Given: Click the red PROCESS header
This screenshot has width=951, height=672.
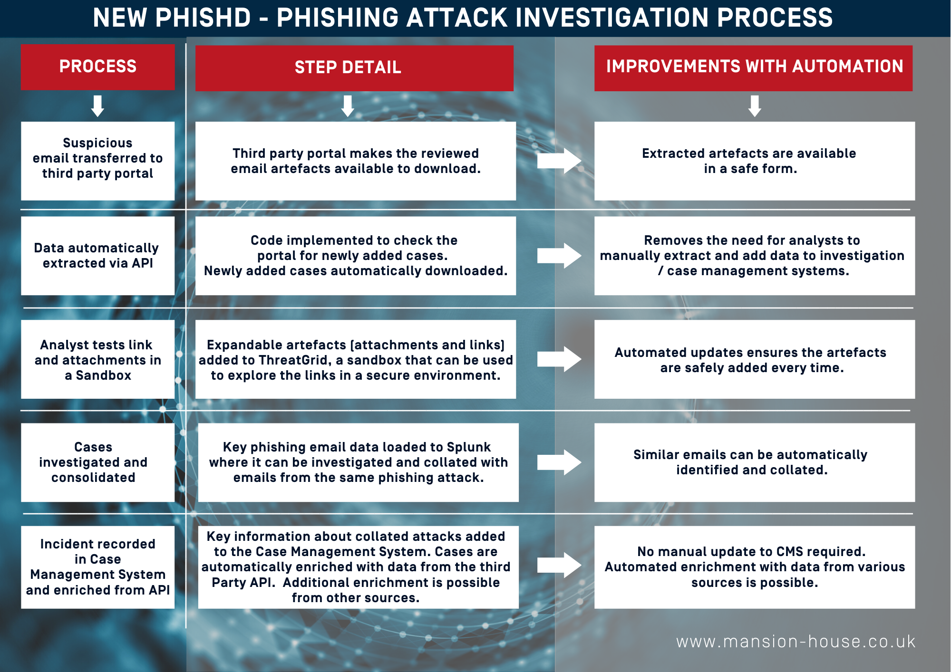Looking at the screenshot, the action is pos(97,67).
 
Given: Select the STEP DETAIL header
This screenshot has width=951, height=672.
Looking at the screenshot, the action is pos(354,68).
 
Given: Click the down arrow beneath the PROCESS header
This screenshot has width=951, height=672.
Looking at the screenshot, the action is pos(97,106).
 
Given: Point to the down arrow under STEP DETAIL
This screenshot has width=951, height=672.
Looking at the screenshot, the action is pos(348,106).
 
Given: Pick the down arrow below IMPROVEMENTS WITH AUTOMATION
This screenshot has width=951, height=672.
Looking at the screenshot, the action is pos(755,106).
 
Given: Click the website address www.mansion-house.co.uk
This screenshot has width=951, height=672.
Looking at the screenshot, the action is pos(796,642).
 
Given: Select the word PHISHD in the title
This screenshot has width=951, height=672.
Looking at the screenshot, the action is pos(203,18).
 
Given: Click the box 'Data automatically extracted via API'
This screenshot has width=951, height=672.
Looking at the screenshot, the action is pos(97,256).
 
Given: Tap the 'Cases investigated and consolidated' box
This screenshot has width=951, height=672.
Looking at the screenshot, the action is pos(97,462).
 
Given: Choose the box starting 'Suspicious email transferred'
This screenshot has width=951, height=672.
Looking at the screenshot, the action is pos(97,161).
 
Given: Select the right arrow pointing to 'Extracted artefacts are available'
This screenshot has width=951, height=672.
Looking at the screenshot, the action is pos(559,161).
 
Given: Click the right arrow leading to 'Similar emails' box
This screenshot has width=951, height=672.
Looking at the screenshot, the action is pos(559,462).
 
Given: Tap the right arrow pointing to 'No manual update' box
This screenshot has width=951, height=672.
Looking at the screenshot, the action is pos(559,565).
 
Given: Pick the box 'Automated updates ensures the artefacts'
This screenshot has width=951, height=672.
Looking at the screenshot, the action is pos(755,359).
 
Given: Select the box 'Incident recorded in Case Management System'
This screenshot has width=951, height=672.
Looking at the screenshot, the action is pos(97,567).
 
